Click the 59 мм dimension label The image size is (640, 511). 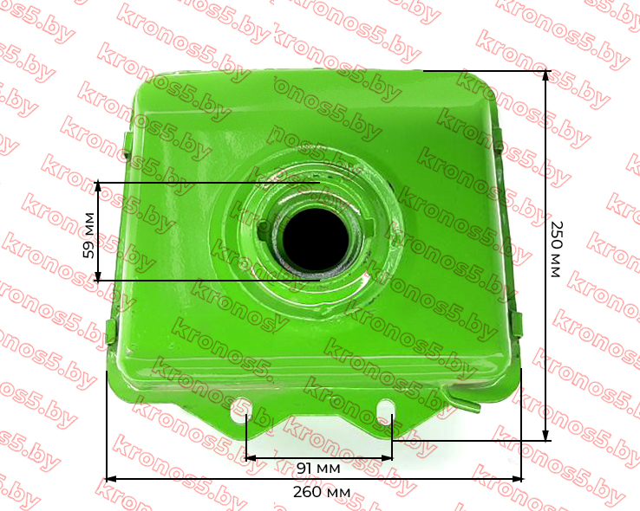88,236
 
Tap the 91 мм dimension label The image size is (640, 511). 318,469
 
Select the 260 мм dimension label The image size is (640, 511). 322,492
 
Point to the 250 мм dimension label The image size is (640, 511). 557,249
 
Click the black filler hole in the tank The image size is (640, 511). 316,241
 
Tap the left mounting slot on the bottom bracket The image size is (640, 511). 239,410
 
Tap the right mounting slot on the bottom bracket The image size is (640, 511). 386,411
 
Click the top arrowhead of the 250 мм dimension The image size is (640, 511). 546,76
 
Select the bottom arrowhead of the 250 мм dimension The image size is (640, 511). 546,435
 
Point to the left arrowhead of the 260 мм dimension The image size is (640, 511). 111,479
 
